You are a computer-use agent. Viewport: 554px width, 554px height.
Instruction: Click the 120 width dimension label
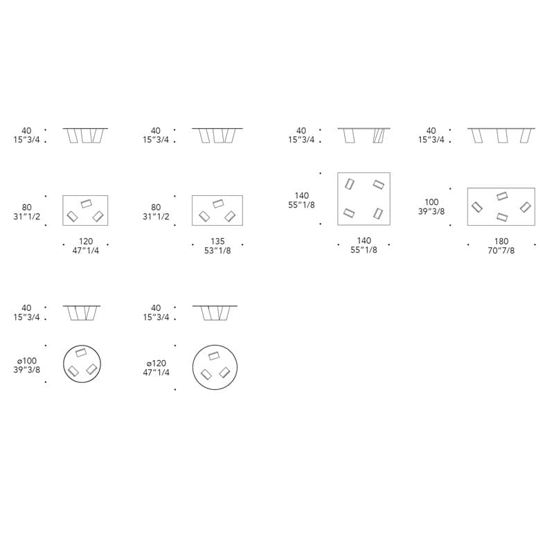tap(86, 241)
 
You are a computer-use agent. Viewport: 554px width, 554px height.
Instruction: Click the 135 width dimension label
tap(217, 241)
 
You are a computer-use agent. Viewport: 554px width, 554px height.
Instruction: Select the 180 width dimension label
tap(501, 241)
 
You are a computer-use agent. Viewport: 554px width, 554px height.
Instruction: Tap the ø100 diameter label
tap(27, 361)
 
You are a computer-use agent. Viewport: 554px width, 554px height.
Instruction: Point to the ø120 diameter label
tap(157, 363)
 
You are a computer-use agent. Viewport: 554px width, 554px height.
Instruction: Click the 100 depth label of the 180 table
tap(431, 202)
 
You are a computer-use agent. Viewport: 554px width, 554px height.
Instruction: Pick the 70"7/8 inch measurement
tap(501, 251)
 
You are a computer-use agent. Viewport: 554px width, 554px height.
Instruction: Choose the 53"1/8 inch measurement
tap(217, 251)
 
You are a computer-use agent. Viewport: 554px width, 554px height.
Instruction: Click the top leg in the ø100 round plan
tap(81, 352)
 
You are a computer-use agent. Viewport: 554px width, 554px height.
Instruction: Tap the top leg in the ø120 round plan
tap(214, 355)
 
